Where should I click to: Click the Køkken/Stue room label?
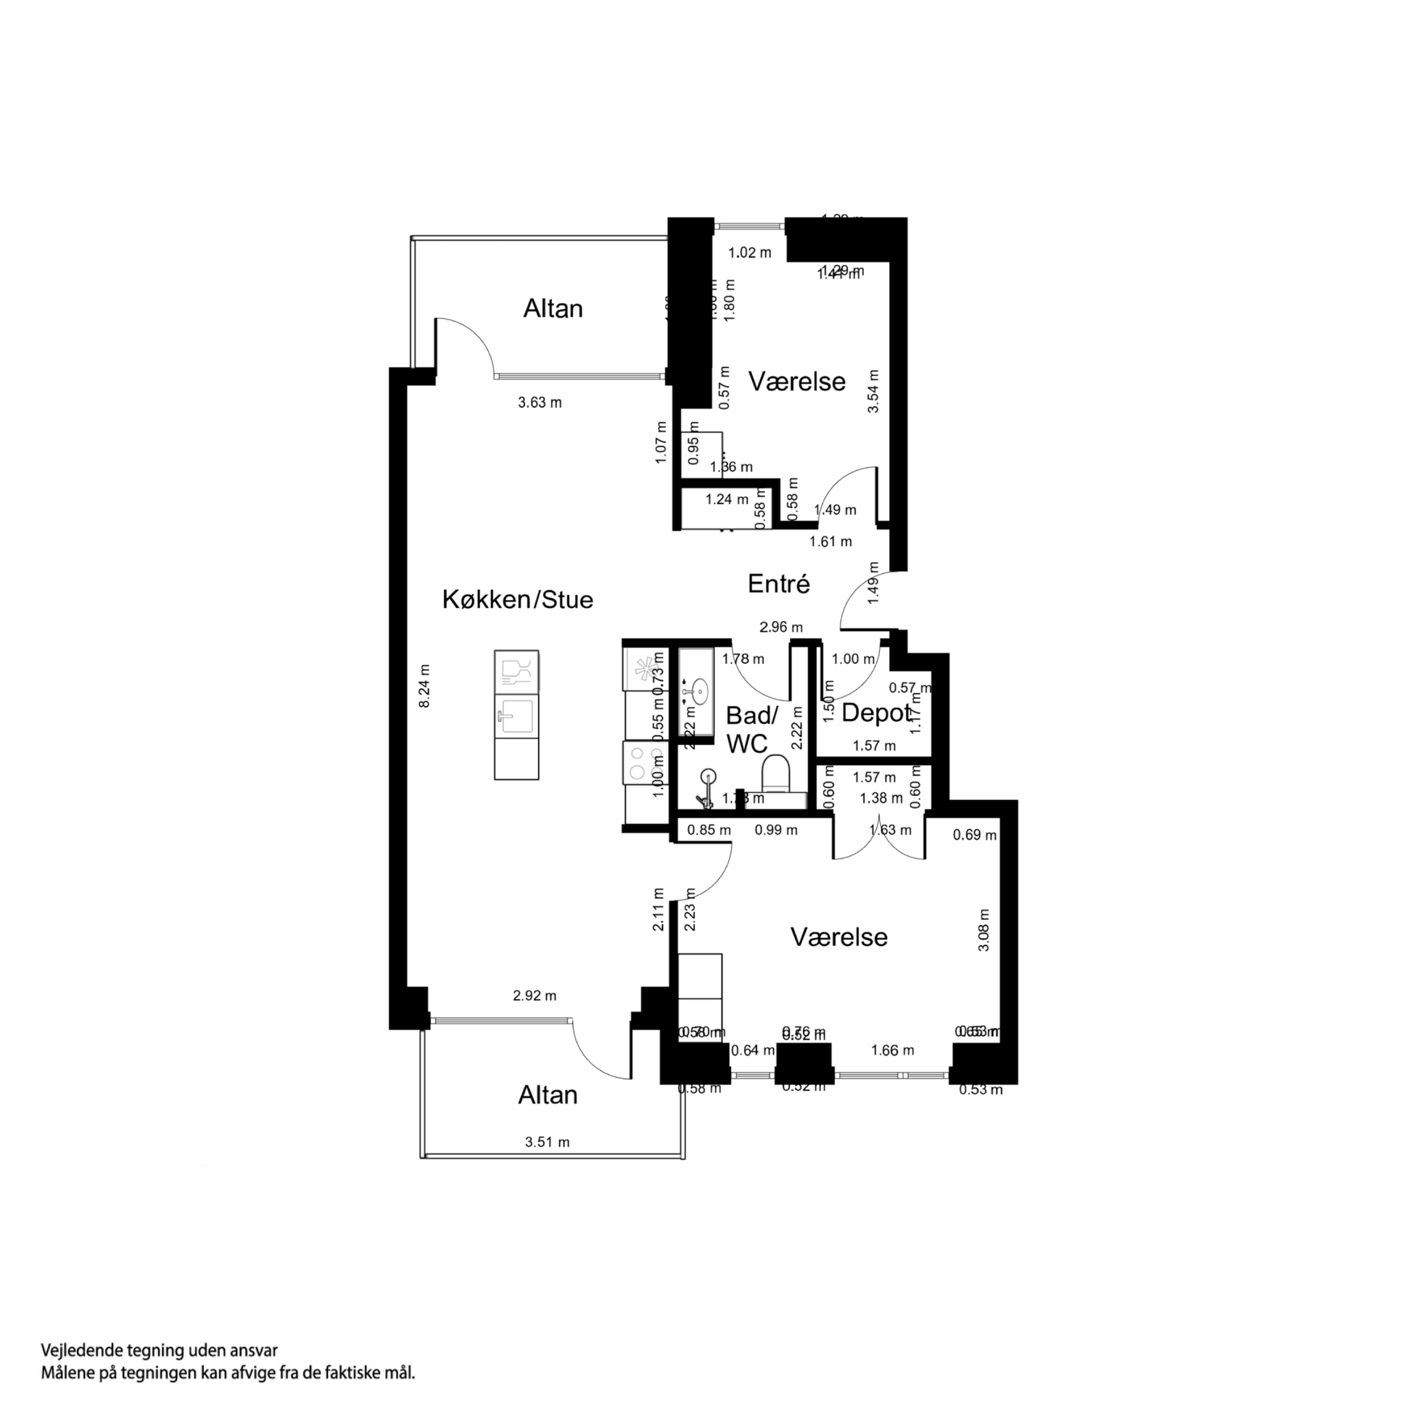518,600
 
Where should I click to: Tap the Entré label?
778,584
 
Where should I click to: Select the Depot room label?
876,714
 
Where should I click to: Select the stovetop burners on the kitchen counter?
636,763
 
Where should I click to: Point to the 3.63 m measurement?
540,403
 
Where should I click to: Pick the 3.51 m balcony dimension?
547,1143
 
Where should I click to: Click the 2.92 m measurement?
535,996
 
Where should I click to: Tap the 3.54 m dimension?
873,391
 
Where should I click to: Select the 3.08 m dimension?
984,930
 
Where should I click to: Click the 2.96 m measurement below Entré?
781,627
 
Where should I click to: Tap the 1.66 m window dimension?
892,1050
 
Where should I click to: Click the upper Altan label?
553,309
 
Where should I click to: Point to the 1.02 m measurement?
750,253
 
